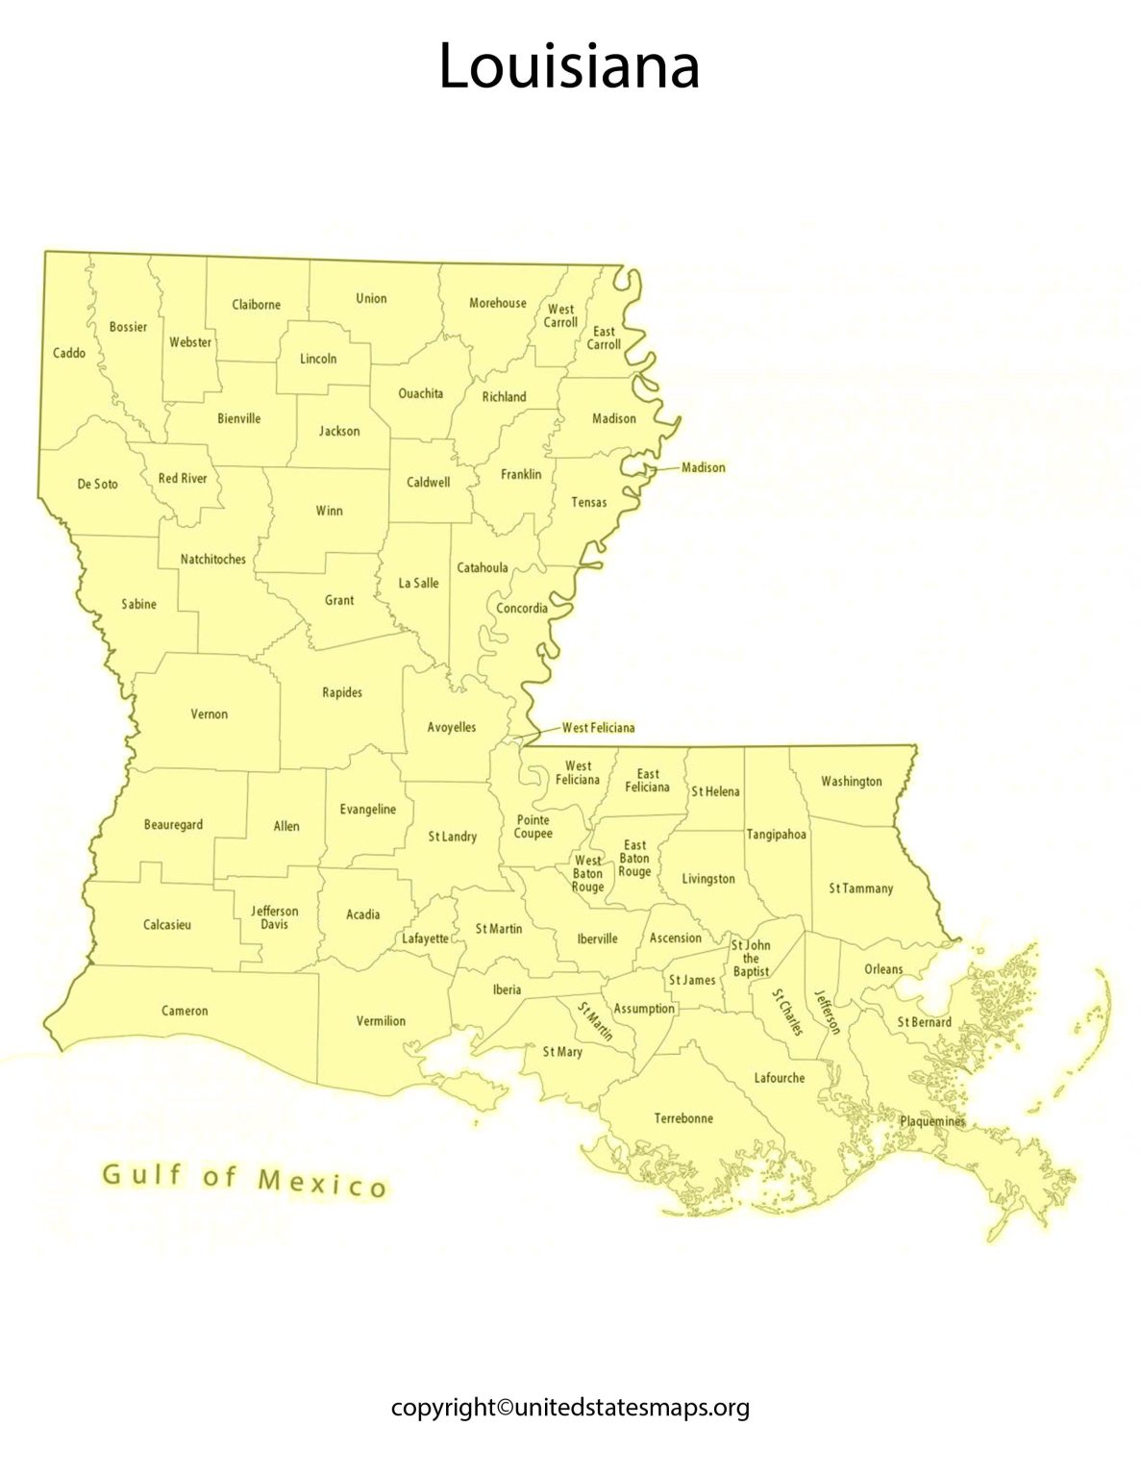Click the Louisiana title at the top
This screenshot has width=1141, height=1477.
pyautogui.click(x=569, y=67)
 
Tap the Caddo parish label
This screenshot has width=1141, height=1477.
pyautogui.click(x=69, y=353)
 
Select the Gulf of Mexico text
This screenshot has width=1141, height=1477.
pyautogui.click(x=245, y=1180)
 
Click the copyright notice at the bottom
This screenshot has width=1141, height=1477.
pyautogui.click(x=570, y=1408)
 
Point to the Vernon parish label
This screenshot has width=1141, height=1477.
pyautogui.click(x=210, y=714)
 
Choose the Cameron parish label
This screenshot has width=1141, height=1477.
pyautogui.click(x=185, y=1011)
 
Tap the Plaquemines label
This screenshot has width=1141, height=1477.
pyautogui.click(x=931, y=1121)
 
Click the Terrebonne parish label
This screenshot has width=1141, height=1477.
pyautogui.click(x=683, y=1118)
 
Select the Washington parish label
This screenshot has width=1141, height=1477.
pyautogui.click(x=851, y=782)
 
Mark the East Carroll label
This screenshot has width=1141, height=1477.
pyautogui.click(x=604, y=338)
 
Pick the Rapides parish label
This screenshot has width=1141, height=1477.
pyautogui.click(x=342, y=692)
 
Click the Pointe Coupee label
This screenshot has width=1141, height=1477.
pyautogui.click(x=533, y=827)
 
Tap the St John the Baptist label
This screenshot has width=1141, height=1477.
pyautogui.click(x=751, y=959)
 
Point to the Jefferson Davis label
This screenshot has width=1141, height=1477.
pyautogui.click(x=275, y=917)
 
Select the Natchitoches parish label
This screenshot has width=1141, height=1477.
pyautogui.click(x=213, y=560)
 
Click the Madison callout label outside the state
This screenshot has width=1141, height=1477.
pyautogui.click(x=703, y=467)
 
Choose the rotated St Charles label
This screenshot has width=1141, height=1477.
pyautogui.click(x=787, y=1012)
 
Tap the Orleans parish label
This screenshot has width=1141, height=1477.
pyautogui.click(x=883, y=969)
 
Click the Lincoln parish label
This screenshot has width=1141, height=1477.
pyautogui.click(x=318, y=359)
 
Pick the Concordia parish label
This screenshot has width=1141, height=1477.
pyautogui.click(x=522, y=609)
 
